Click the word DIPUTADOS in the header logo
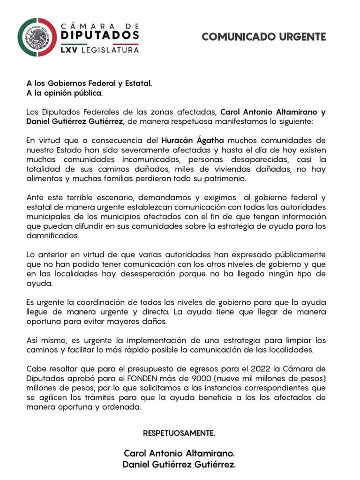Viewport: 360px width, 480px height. [100, 35]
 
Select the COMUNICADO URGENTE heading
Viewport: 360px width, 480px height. [263, 37]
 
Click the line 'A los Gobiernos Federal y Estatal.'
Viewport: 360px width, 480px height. [89, 83]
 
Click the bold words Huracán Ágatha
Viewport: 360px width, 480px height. [193, 140]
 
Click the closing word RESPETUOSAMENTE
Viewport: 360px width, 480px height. [179, 434]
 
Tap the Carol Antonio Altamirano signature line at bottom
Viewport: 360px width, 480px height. [179, 453]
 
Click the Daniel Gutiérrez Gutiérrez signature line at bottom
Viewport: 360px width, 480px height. [179, 465]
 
